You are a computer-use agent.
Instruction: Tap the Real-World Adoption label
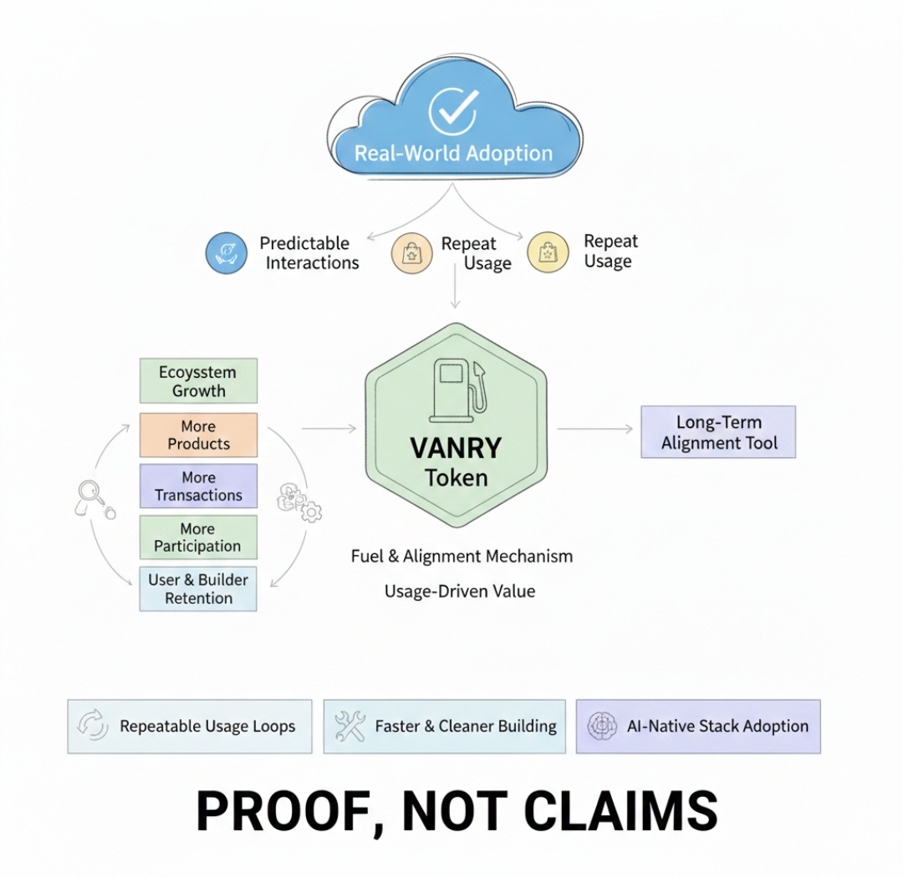(x=453, y=154)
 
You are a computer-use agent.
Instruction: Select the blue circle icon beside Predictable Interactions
(x=227, y=252)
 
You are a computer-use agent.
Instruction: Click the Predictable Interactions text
(x=309, y=252)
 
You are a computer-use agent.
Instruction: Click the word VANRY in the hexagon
(x=455, y=448)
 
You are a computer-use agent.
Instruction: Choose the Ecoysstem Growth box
(x=198, y=381)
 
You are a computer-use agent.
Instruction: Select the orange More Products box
(x=198, y=435)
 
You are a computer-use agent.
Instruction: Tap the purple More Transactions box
(x=198, y=487)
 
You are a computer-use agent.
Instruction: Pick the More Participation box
(x=198, y=538)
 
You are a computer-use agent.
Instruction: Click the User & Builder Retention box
(x=198, y=589)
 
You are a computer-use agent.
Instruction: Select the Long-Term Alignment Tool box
(x=718, y=431)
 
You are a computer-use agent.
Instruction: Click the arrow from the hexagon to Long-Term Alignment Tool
(x=595, y=429)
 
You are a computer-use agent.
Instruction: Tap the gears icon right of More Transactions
(x=298, y=502)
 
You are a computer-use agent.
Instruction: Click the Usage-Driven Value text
(x=459, y=591)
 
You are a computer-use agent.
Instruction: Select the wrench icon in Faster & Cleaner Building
(x=349, y=726)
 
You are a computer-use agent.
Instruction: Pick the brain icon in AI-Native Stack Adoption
(x=602, y=726)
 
